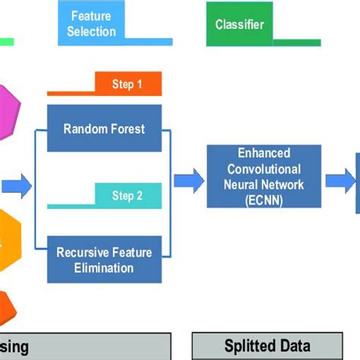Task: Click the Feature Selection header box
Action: (x=91, y=24)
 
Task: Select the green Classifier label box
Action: (x=239, y=24)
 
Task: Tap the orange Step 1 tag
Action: (x=127, y=84)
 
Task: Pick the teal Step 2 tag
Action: (x=127, y=195)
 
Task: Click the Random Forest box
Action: (x=106, y=128)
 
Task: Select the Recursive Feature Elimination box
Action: (x=106, y=260)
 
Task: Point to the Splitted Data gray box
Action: (x=262, y=347)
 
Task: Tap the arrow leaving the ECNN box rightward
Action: (x=340, y=181)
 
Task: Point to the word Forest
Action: (x=130, y=128)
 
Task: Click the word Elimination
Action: (x=106, y=267)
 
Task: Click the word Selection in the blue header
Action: (x=91, y=31)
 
